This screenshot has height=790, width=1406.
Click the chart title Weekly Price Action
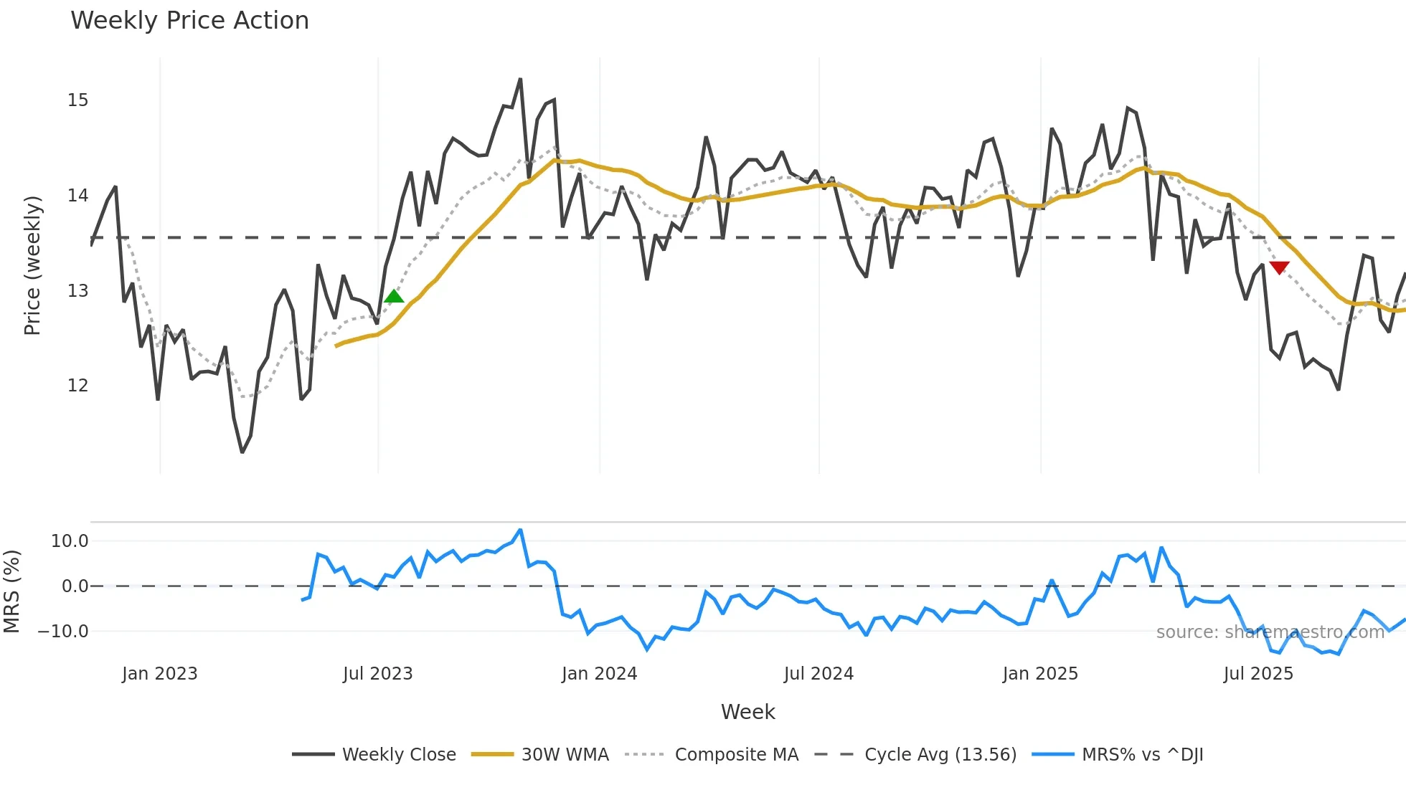click(x=189, y=20)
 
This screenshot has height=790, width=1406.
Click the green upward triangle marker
click(x=394, y=297)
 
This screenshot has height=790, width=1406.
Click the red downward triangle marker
click(x=1279, y=267)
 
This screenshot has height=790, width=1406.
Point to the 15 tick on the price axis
click(x=78, y=100)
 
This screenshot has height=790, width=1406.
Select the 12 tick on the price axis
click(x=78, y=386)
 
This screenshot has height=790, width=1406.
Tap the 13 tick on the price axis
click(x=78, y=291)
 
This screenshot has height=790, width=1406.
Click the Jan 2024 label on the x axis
click(x=599, y=674)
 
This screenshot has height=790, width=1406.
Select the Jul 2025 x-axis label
click(x=1258, y=674)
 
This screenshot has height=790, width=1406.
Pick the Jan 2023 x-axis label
click(x=159, y=674)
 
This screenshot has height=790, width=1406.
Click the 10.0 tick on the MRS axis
click(x=70, y=541)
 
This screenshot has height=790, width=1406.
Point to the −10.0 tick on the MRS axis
click(x=63, y=632)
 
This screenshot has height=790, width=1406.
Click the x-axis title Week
click(x=747, y=712)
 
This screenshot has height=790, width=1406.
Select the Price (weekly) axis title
click(x=32, y=265)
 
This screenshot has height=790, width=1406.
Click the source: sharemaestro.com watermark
click(x=1270, y=632)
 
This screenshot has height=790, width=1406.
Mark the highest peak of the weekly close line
click(x=520, y=79)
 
